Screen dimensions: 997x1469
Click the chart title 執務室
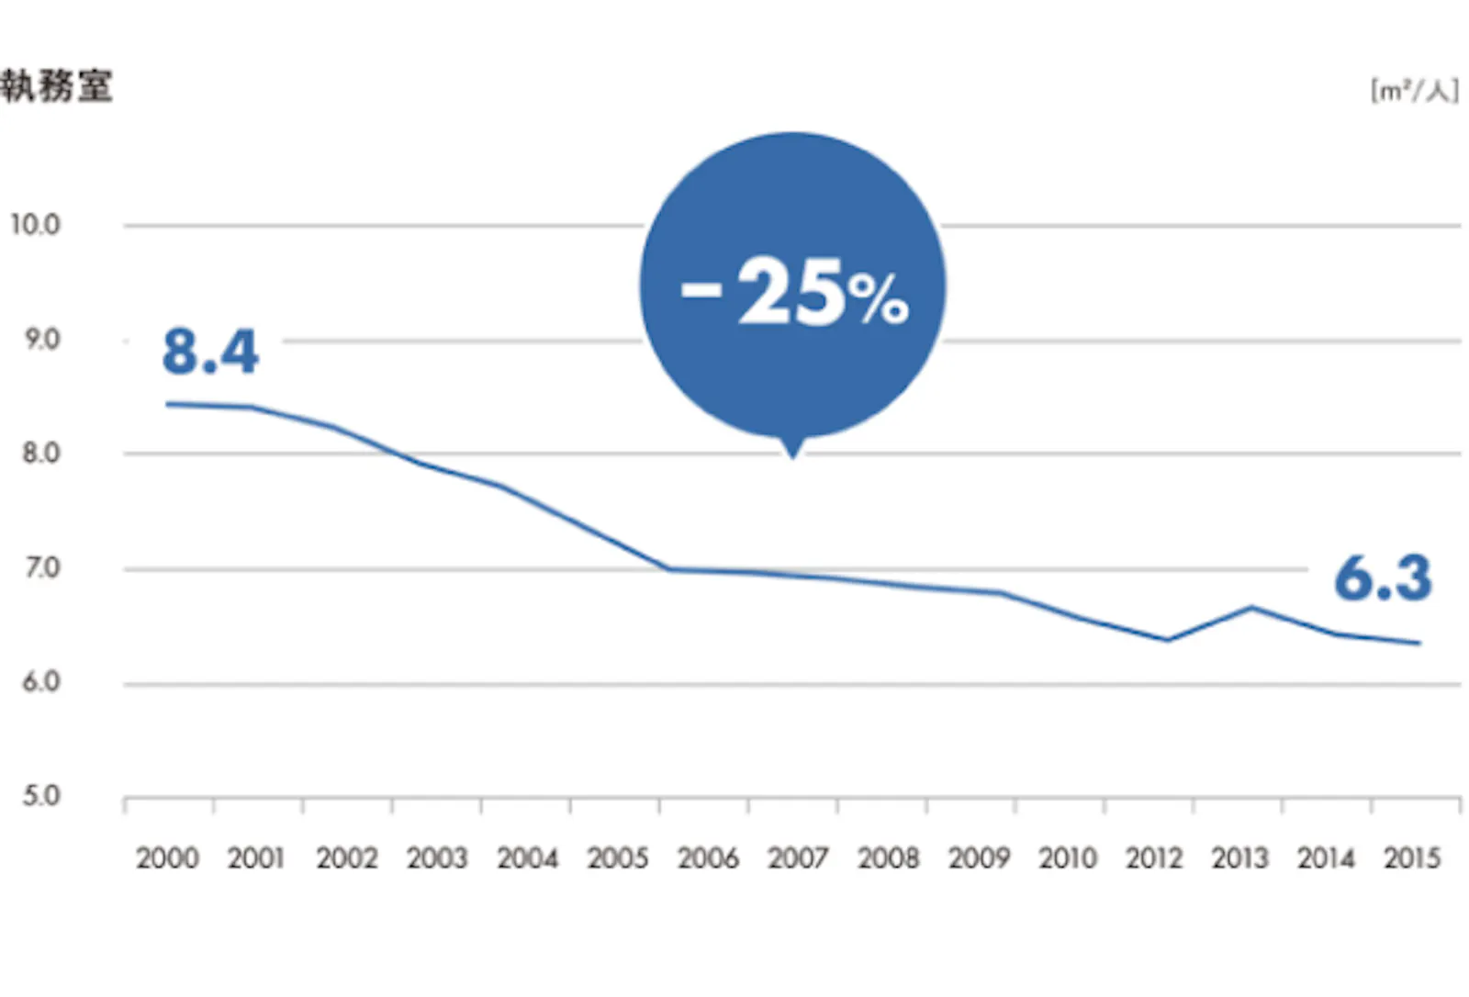point(57,87)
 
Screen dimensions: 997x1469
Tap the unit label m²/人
point(1414,91)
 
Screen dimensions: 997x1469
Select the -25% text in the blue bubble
point(795,291)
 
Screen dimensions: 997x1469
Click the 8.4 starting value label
point(210,352)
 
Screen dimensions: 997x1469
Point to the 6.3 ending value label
point(1383,578)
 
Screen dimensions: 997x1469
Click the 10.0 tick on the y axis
point(36,225)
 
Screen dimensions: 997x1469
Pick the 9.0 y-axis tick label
point(41,340)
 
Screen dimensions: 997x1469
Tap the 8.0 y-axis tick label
point(41,454)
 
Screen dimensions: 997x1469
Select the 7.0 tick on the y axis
point(41,568)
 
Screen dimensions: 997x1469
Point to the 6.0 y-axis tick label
point(41,682)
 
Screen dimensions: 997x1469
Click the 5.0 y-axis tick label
point(41,795)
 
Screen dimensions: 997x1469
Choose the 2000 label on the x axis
point(167,858)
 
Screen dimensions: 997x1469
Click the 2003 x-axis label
point(438,858)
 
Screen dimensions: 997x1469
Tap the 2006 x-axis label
point(709,858)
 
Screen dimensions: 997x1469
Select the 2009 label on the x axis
point(979,858)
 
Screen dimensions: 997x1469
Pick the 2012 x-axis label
point(1154,858)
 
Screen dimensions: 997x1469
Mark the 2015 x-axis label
point(1412,858)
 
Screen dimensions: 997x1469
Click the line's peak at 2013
point(1252,607)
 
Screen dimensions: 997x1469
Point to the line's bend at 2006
point(670,569)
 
